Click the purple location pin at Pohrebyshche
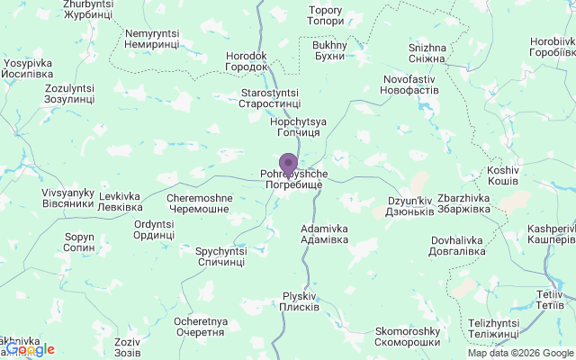[x=288, y=165]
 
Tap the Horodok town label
[x=247, y=61]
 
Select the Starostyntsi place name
[x=269, y=98]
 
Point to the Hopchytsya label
[x=298, y=127]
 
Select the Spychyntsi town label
[x=220, y=256]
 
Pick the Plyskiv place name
[x=300, y=301]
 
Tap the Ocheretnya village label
[x=200, y=326]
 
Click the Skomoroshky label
[x=407, y=336]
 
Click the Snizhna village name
[x=427, y=53]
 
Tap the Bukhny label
[x=328, y=50]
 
